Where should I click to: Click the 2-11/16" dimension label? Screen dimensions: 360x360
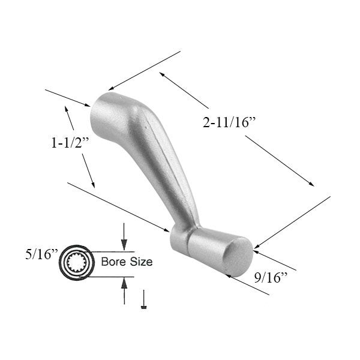coord(230,123)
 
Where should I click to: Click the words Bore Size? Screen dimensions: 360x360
coord(127,262)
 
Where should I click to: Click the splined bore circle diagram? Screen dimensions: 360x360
coord(77,262)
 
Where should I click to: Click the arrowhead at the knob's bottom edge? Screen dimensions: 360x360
coord(229,277)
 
